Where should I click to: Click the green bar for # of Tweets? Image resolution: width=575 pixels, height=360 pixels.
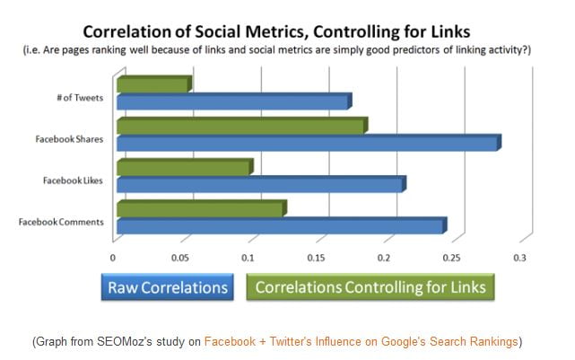pos(152,85)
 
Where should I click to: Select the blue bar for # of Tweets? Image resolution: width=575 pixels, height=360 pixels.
pos(232,102)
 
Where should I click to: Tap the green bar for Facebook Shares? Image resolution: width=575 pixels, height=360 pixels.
pos(240,127)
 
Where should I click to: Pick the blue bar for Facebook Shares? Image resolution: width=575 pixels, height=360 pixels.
pos(307,144)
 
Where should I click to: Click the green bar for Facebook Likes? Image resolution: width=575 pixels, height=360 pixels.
pos(184,168)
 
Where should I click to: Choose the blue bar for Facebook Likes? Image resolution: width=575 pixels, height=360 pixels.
pos(260,185)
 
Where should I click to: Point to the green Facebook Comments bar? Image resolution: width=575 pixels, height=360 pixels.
pos(200,209)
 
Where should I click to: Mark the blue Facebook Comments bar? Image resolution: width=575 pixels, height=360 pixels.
pos(280,226)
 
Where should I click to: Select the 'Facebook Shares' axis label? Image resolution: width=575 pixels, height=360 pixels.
pos(68,140)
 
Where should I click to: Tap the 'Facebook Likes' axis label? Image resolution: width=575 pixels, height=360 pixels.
pos(73,181)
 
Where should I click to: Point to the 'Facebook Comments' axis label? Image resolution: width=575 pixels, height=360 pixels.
pos(61,223)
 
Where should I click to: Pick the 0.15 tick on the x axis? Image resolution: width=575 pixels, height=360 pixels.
pos(317,259)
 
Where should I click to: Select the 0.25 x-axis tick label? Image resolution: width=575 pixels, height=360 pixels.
pos(450,259)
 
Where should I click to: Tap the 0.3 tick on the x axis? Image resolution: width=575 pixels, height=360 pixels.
pos(518,259)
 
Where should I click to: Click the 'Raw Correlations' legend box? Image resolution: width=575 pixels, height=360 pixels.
pos(167,287)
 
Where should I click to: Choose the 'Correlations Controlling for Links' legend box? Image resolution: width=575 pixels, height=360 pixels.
pos(370,287)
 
